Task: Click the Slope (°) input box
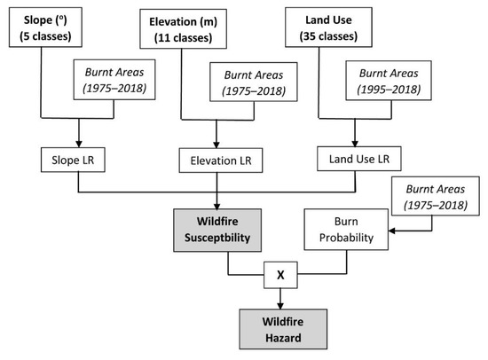[46, 25]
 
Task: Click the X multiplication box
[279, 275]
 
